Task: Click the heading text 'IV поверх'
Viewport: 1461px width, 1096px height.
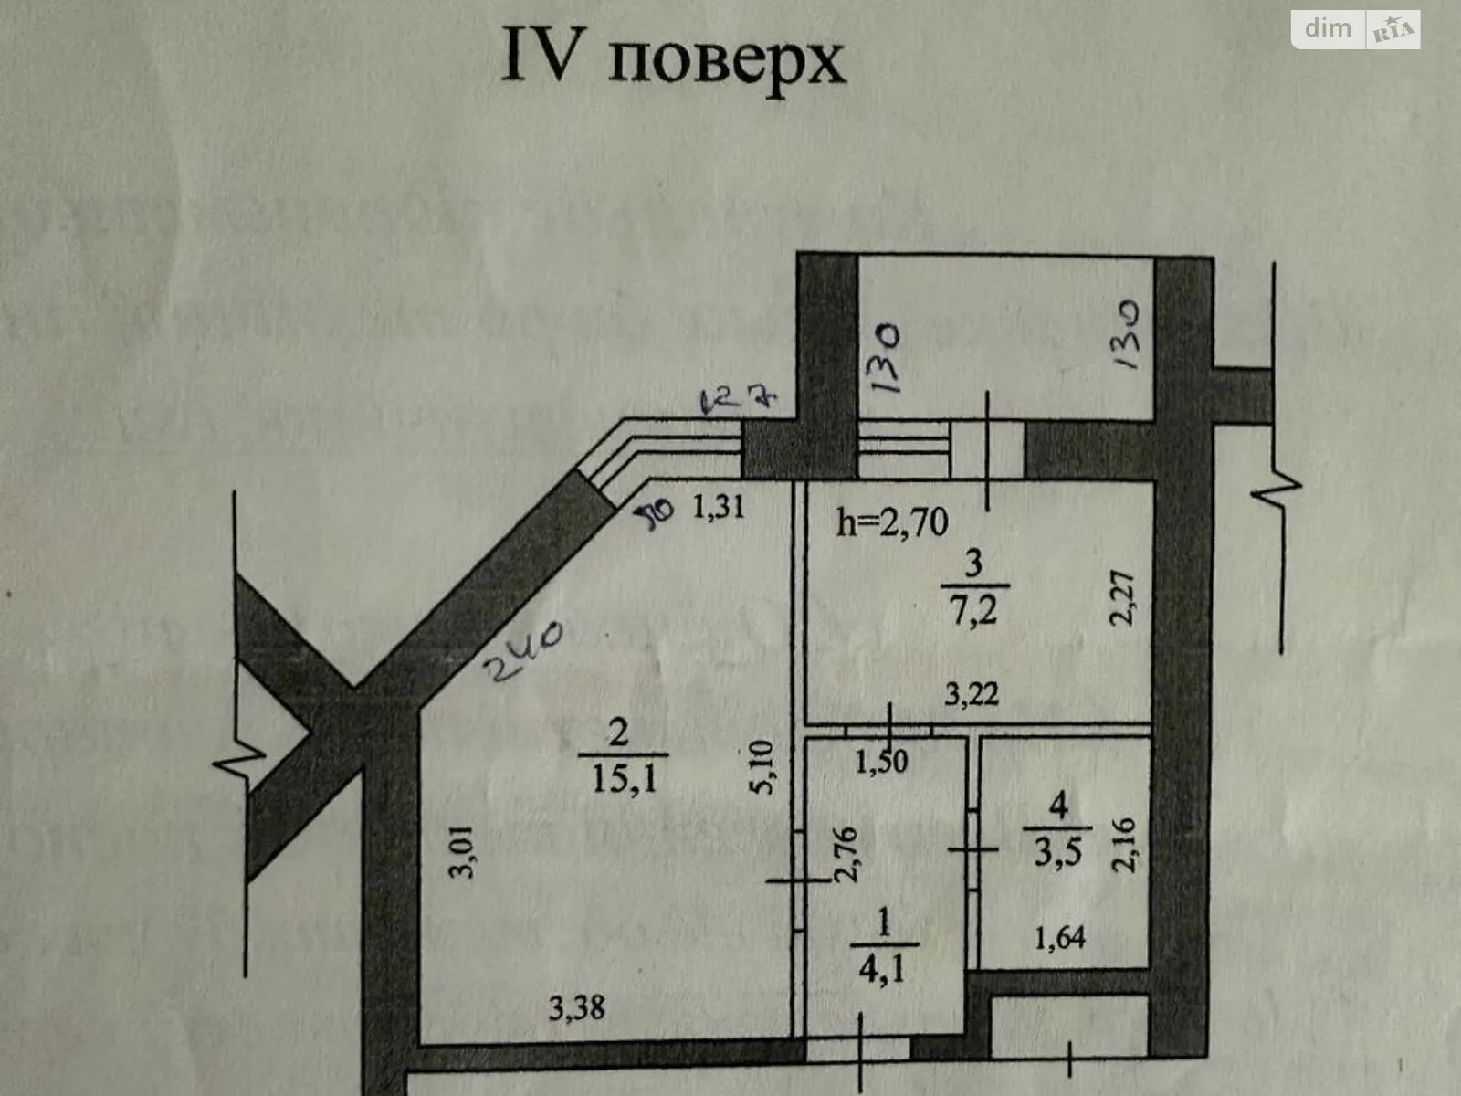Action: pos(674,60)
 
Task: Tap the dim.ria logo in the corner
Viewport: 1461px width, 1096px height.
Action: pos(1355,29)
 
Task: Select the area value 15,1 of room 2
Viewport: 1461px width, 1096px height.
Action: pos(624,779)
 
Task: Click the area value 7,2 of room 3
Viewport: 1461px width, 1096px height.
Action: pos(973,610)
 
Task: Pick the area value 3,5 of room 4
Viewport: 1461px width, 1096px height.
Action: pos(1057,851)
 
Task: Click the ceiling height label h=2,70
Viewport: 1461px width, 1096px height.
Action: pos(892,522)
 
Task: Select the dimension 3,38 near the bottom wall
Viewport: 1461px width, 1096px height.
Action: pos(576,1007)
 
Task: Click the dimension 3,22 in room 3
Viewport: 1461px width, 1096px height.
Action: pos(971,695)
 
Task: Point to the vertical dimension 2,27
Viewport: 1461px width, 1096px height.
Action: pos(1122,598)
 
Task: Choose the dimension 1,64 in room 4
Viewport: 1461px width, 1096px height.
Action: pos(1059,938)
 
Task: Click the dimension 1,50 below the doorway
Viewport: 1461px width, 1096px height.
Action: pos(881,761)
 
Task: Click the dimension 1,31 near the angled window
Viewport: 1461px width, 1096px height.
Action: pos(719,506)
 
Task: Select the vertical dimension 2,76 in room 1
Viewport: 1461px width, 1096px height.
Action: pos(846,854)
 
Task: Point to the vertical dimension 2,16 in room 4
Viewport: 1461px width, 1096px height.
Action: pos(1124,845)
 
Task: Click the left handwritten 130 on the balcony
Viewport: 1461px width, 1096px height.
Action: pos(885,359)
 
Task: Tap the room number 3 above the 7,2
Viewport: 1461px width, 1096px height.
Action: pos(973,564)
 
